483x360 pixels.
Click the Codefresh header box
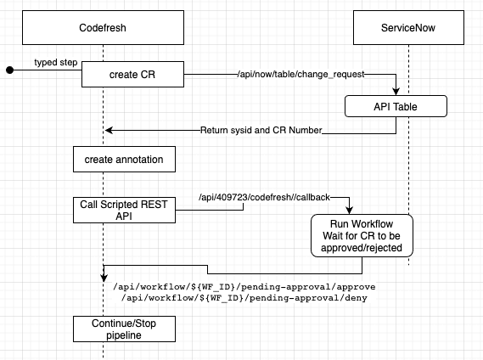pos(103,27)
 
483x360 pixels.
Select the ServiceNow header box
pos(408,27)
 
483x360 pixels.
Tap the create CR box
pos(132,74)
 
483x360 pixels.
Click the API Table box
pos(396,106)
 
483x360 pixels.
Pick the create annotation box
pos(124,160)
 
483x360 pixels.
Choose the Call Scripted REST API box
pos(124,211)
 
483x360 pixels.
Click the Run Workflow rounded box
pos(362,236)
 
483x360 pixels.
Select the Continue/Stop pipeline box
pos(124,329)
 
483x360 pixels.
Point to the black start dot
pos(10,70)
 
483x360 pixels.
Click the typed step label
pos(56,62)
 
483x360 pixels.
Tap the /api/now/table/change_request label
pos(301,74)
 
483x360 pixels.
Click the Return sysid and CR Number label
pos(261,130)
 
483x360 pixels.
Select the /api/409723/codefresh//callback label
pos(264,197)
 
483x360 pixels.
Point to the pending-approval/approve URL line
pos(244,287)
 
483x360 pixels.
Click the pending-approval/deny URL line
pos(244,298)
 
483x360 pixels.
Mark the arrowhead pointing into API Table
pos(396,92)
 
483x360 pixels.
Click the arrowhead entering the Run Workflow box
pos(349,211)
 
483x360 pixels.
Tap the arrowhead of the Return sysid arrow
pos(109,130)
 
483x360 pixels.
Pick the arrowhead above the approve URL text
pos(104,278)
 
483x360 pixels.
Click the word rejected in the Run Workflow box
pos(385,248)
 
